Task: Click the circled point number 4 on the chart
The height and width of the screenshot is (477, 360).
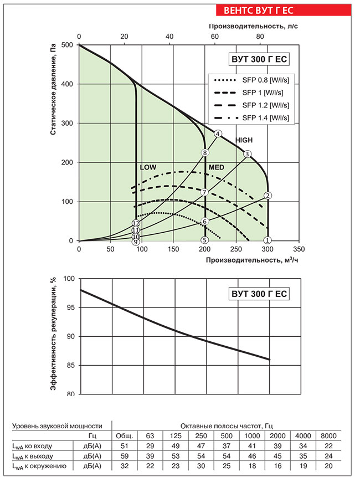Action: pos(218,134)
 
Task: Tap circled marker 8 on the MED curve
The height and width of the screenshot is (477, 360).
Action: pos(205,153)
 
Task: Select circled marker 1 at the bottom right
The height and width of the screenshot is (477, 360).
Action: pos(268,240)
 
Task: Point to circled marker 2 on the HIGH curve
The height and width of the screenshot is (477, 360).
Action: pos(268,196)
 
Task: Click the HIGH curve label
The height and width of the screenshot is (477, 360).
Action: pos(244,140)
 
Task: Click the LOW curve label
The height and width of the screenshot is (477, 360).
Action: pos(148,167)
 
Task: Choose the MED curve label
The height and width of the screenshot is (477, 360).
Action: pos(216,167)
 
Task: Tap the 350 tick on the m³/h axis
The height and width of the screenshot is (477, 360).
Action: pos(299,249)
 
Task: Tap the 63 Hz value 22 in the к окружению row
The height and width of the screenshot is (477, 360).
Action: pos(150,465)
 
